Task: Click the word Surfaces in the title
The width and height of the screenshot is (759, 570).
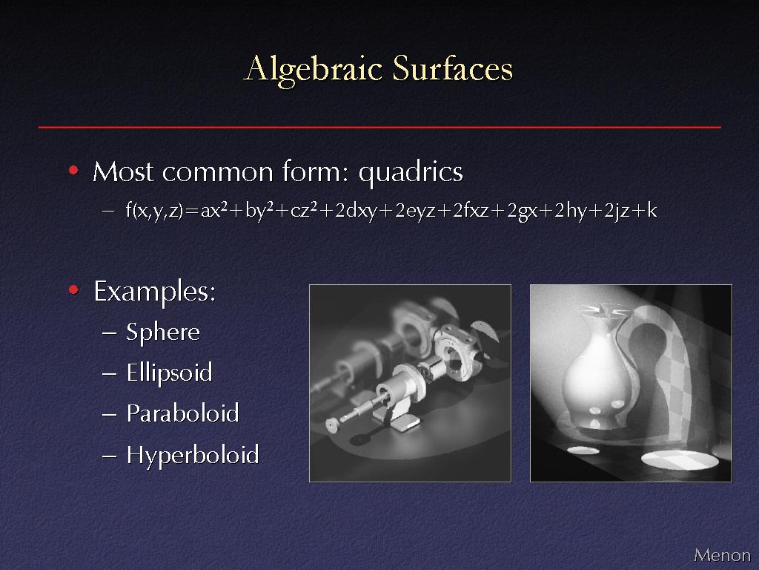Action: pos(452,68)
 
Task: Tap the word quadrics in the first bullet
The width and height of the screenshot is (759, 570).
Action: pos(411,173)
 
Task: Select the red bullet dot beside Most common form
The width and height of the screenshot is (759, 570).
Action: pos(73,171)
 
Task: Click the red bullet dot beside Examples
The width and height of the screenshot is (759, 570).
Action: pos(73,290)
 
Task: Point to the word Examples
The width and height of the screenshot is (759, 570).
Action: pos(154,292)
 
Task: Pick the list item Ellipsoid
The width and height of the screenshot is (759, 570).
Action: pos(169,373)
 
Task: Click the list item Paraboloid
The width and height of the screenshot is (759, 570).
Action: pos(182,413)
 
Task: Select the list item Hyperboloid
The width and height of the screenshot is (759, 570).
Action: pos(193,456)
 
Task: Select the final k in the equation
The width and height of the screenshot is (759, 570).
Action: pos(652,211)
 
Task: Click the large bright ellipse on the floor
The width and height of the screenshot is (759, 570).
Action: pos(680,460)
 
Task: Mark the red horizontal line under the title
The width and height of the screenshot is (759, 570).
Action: pos(379,127)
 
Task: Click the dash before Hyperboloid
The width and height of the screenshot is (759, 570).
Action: pos(110,456)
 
